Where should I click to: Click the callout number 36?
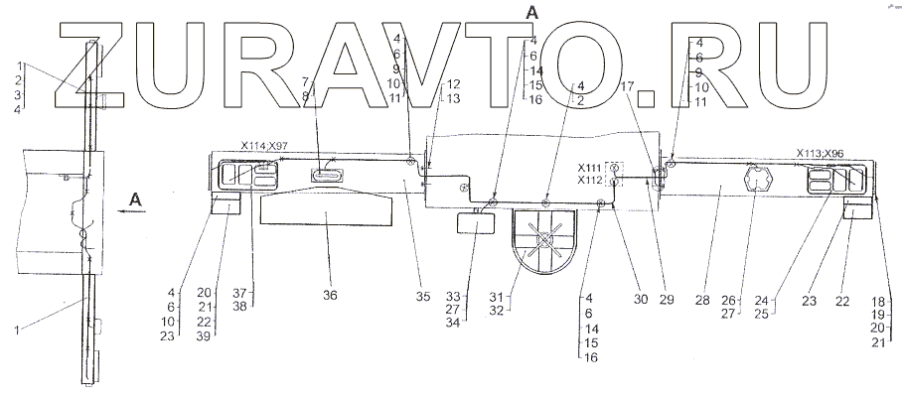tap(330, 295)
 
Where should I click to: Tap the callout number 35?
tap(423, 297)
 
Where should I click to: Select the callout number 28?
tap(702, 300)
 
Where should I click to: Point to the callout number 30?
tap(641, 300)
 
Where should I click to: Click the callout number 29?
tap(667, 300)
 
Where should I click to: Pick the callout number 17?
tap(628, 86)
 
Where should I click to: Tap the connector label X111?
tap(591, 168)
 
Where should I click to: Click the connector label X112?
tap(591, 181)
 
